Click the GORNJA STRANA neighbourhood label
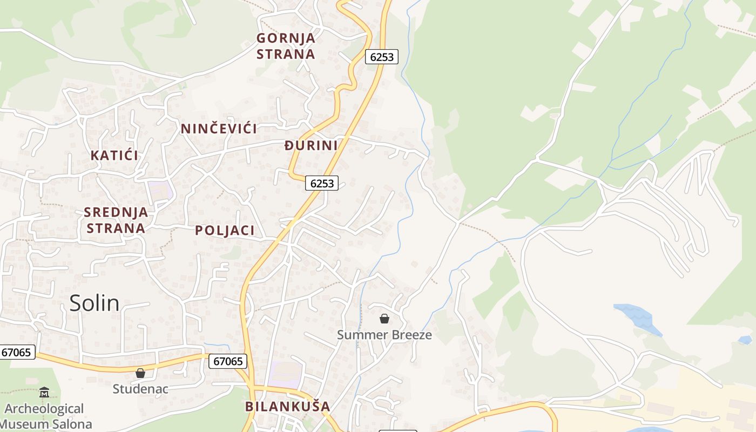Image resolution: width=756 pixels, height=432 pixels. coord(286,46)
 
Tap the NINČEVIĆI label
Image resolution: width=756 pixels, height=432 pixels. coord(219,129)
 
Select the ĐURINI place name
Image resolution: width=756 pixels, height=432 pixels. coord(311,145)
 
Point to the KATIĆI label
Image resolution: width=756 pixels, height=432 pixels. coord(114,156)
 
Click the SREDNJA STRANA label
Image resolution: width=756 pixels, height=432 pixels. coord(116,220)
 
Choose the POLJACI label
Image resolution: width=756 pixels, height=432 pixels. coord(225,231)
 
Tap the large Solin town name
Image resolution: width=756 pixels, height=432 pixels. coord(94,303)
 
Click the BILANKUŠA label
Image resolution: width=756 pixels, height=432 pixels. coord(287,406)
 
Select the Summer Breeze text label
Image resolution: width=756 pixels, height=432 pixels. coord(384,335)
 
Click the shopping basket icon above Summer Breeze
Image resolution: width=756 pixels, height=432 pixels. coord(384,319)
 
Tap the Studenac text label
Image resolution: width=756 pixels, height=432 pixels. coord(140,389)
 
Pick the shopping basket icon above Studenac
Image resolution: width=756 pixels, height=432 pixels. coord(140,373)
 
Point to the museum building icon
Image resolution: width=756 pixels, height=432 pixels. coord(44,393)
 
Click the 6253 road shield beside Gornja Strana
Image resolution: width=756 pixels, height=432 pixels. coord(382,57)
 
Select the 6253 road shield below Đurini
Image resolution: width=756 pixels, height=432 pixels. coord(322,184)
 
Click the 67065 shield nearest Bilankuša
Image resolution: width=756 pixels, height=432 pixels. coord(228,361)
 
